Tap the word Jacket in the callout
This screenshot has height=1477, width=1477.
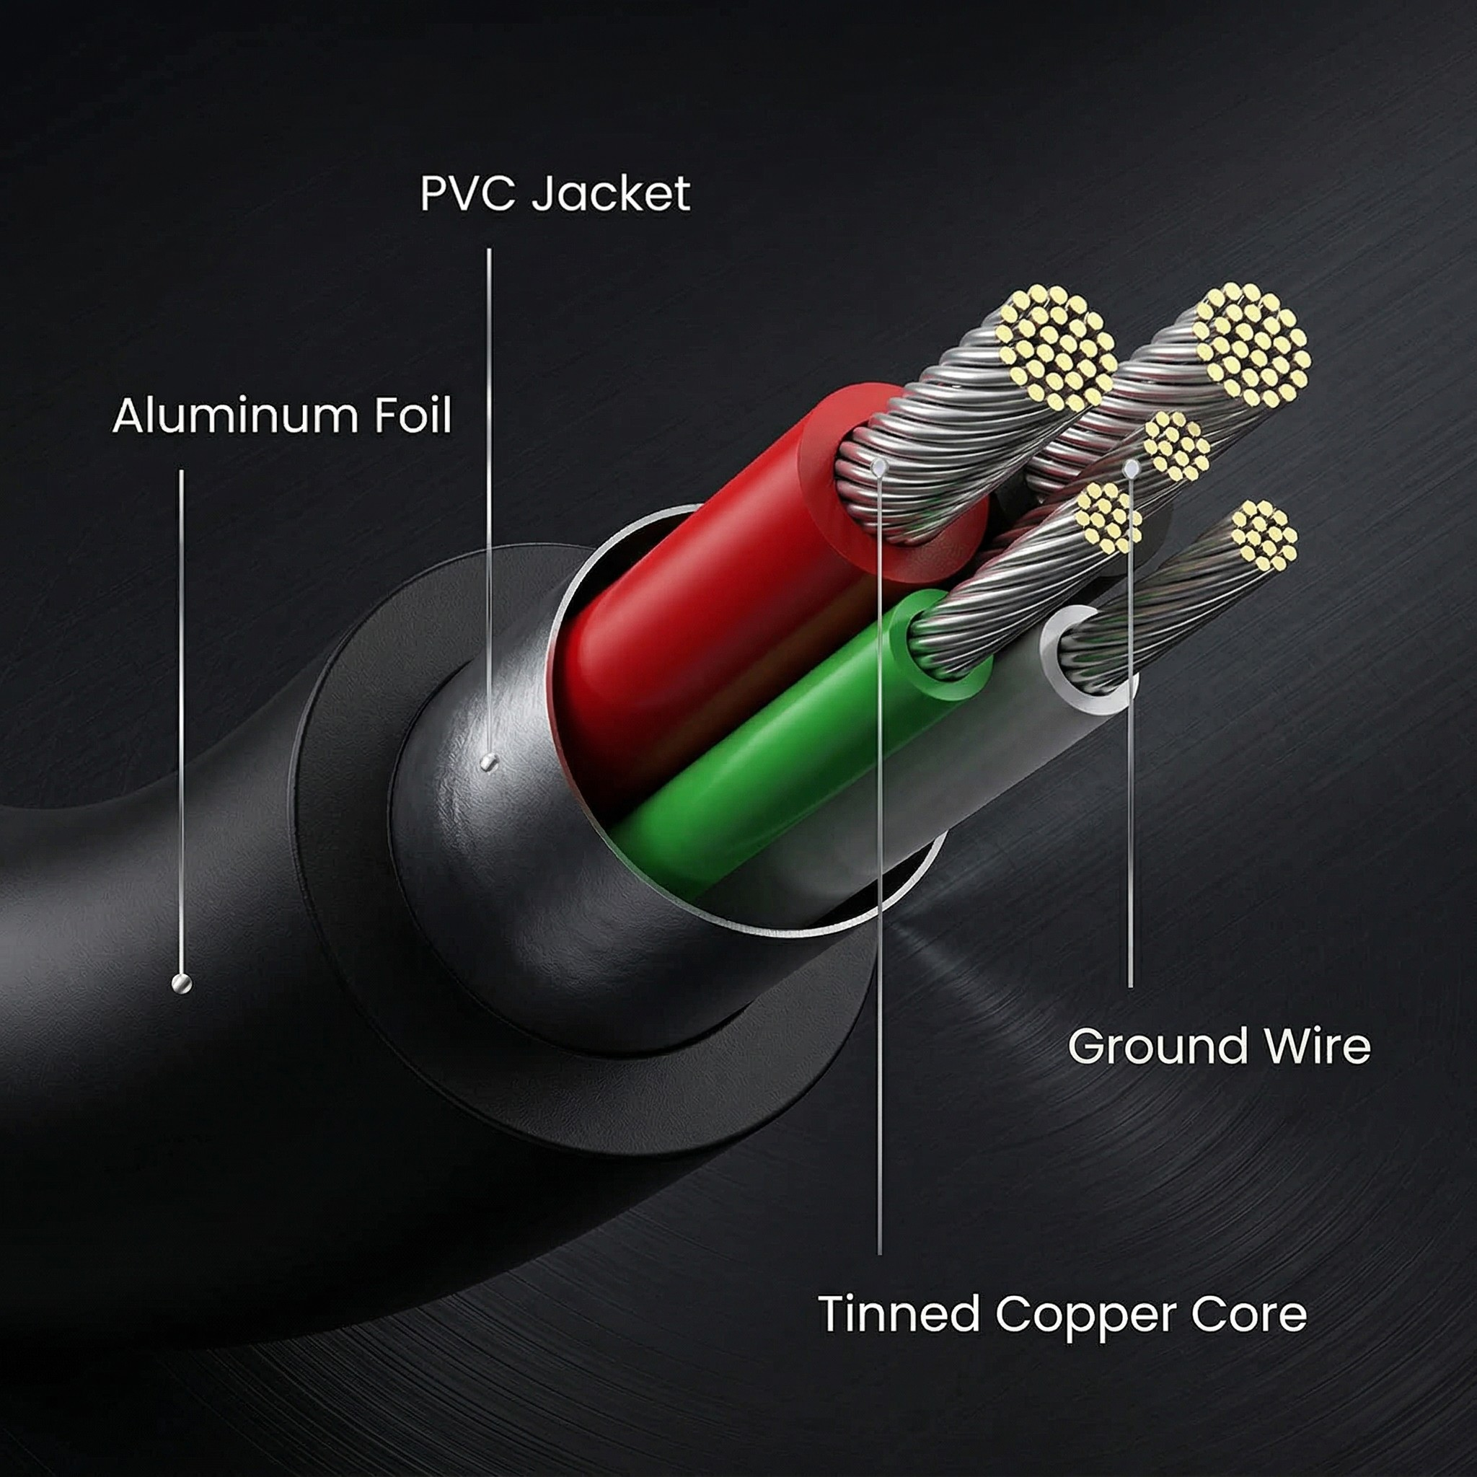611,194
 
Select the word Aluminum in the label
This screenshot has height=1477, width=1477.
233,417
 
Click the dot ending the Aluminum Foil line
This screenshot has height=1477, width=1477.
181,983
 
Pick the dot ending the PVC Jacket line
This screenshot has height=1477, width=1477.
489,762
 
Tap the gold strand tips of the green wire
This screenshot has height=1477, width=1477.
1108,518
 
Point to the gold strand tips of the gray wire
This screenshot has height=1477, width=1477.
1264,535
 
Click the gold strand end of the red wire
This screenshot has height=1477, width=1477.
1055,348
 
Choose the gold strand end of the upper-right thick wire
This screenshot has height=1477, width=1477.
1251,344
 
